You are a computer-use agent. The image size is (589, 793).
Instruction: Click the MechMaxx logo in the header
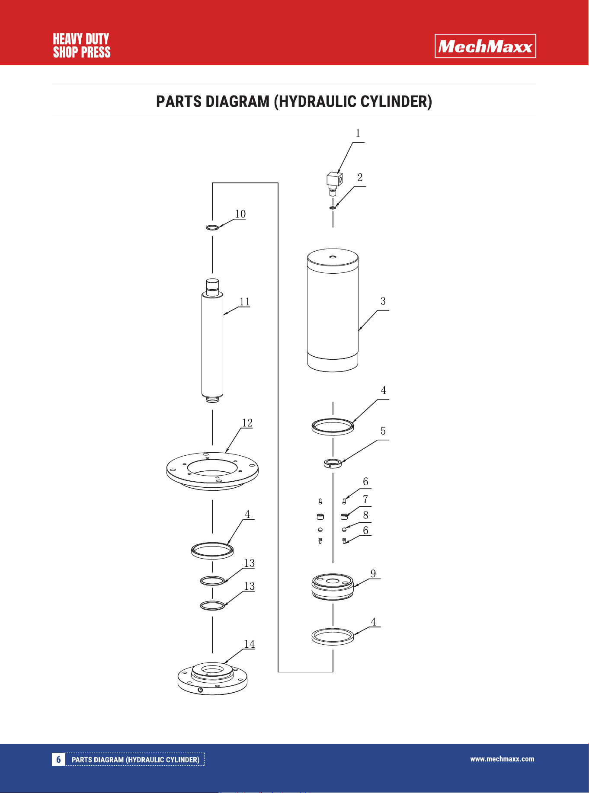485,46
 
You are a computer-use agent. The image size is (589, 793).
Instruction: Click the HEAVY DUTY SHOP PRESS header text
82,46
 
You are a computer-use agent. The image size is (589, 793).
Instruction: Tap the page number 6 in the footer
58,759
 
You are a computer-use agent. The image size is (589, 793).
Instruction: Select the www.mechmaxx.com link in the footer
502,759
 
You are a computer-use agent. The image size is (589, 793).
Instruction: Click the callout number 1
358,133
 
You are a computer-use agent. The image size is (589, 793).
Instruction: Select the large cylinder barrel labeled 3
333,310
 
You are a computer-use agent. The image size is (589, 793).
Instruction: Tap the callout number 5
383,431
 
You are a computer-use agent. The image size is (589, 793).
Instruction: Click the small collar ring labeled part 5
333,464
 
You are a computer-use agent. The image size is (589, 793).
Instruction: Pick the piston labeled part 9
333,587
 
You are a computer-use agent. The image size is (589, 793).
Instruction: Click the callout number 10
240,214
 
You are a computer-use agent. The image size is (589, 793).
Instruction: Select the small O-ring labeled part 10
212,227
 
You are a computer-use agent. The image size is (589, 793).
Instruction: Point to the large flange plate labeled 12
212,471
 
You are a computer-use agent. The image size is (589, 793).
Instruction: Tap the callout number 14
250,644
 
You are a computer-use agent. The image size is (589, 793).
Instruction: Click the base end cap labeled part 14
212,678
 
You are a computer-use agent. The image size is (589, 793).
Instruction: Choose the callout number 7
365,499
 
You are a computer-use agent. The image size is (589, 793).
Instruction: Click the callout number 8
365,515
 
